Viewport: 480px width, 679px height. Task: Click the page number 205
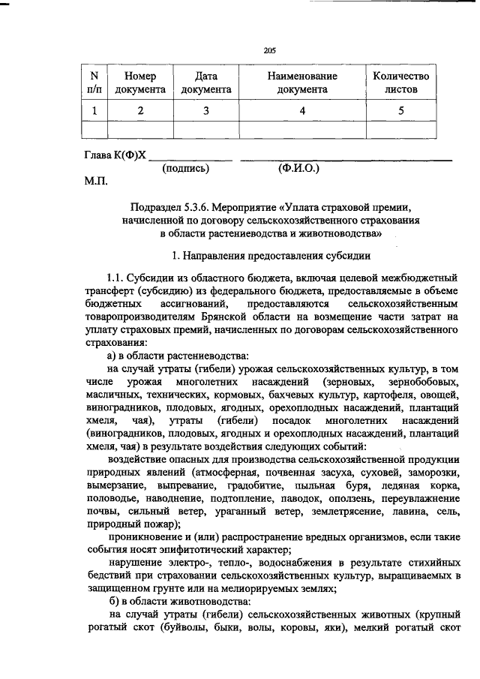tap(271, 50)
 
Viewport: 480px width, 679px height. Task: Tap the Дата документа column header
tap(206, 83)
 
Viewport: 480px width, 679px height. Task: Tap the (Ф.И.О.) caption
tap(298, 169)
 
